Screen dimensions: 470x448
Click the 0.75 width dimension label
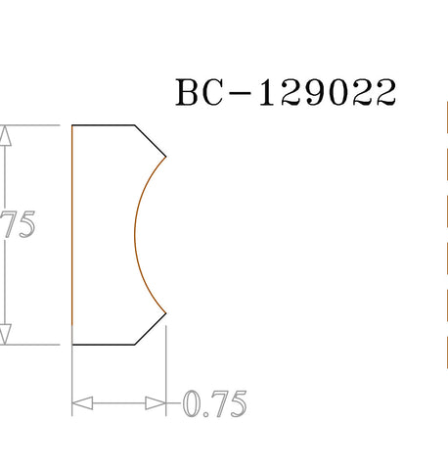(x=214, y=403)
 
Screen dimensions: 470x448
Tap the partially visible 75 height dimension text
(x=19, y=225)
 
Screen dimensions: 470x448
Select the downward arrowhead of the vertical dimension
(x=8, y=335)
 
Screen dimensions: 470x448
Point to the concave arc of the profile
(x=135, y=235)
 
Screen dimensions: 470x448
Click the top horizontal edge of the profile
(x=103, y=126)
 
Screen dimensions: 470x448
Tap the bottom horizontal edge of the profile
(x=103, y=345)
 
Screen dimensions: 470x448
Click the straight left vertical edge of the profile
(x=72, y=235)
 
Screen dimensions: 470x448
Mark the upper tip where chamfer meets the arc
(x=166, y=157)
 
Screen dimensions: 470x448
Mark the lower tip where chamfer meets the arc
(x=166, y=313)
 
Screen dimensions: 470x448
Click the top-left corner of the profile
(x=72, y=126)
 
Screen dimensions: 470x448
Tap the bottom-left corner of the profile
(x=72, y=345)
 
